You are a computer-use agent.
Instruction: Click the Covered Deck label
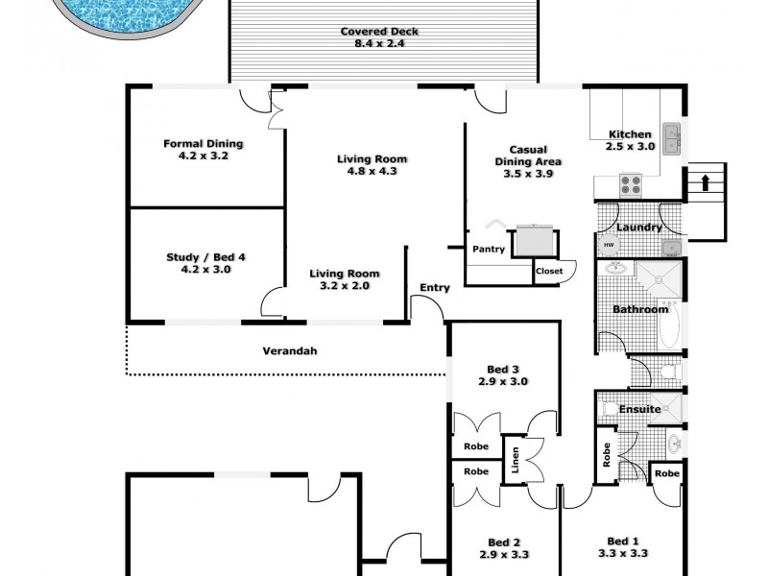pos(380,32)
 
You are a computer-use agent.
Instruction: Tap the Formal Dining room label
pos(204,144)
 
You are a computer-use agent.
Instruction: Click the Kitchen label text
pos(631,134)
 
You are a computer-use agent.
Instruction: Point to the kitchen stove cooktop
pos(631,183)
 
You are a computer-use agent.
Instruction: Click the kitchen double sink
pos(671,139)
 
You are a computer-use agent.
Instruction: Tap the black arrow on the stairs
pos(707,181)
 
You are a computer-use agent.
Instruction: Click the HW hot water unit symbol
pos(609,246)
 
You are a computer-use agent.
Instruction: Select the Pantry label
pos(489,250)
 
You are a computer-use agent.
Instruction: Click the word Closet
pos(549,272)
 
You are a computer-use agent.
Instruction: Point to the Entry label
pos(435,287)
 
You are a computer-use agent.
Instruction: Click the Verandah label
pos(289,351)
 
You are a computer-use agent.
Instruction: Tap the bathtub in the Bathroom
pos(669,324)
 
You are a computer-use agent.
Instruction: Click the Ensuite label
pos(639,409)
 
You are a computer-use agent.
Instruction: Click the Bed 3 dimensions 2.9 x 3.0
pos(503,382)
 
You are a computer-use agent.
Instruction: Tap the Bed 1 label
pos(622,540)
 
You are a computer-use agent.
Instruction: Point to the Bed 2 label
pos(503,540)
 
